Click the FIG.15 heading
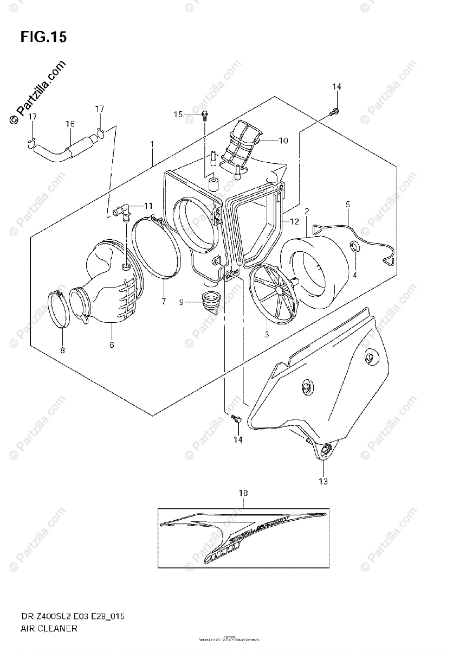coord(43,37)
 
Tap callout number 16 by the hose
coord(70,124)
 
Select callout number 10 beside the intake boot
coord(283,141)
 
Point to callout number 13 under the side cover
coord(323,481)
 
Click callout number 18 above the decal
coord(243,493)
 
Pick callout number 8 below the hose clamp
coord(62,350)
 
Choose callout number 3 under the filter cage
coord(267,334)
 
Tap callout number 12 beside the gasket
coord(294,221)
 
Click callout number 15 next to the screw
coord(178,114)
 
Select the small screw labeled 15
coord(204,113)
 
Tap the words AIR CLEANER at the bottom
coord(49,628)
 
